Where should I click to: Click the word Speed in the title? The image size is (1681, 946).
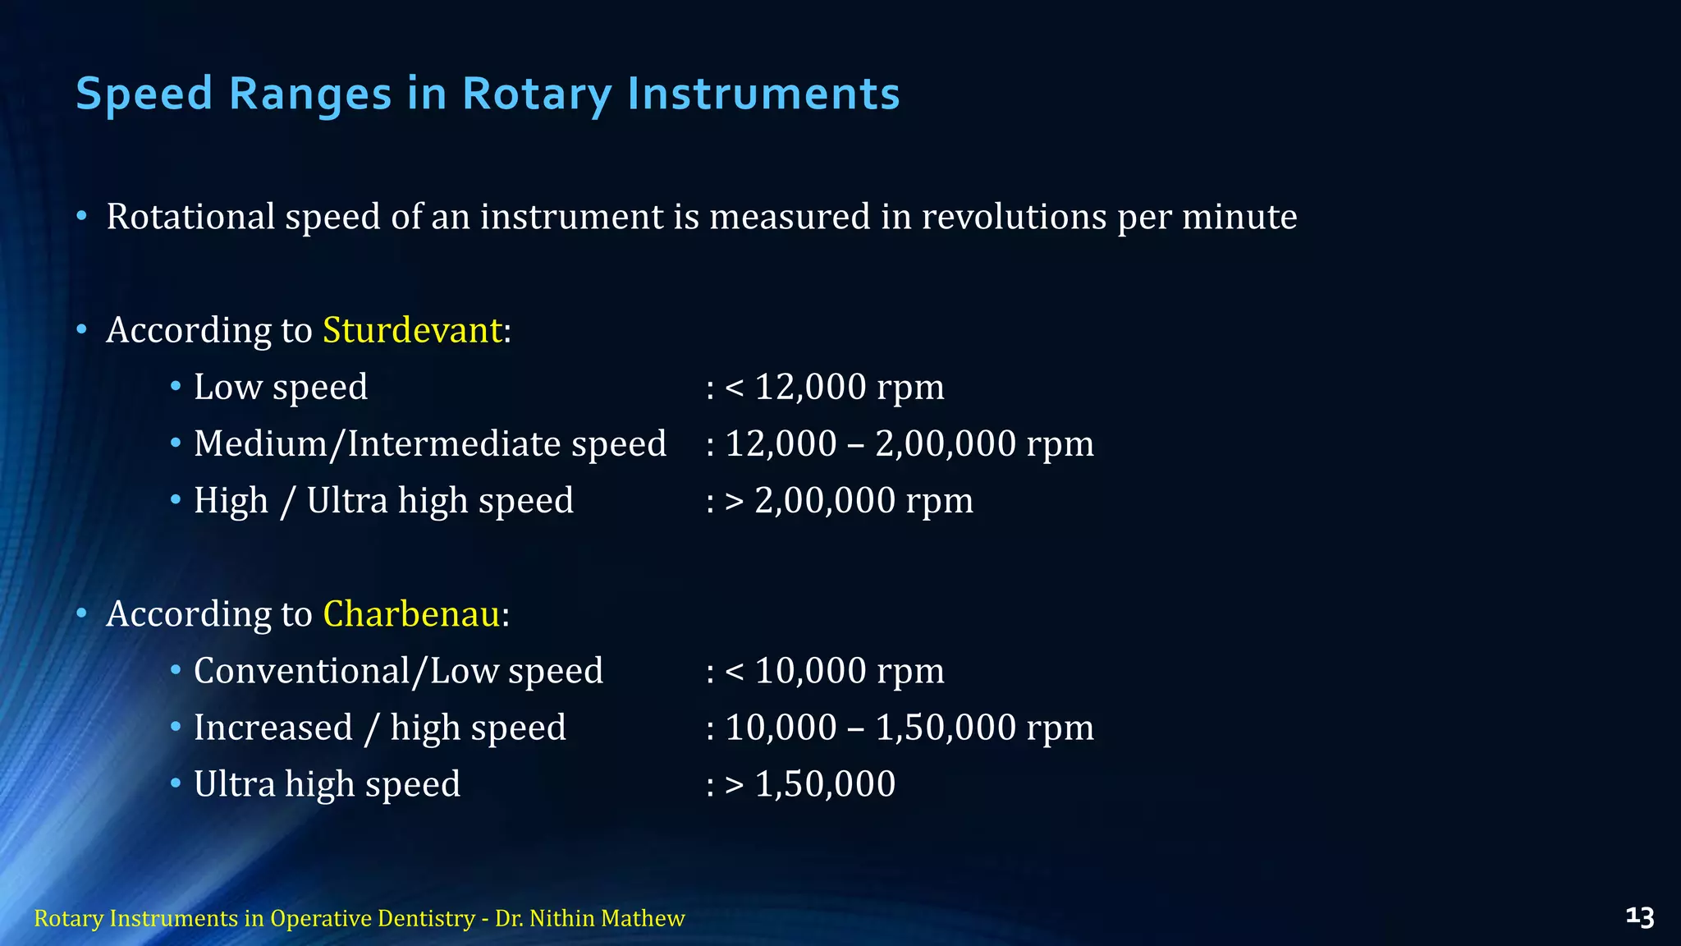coord(144,94)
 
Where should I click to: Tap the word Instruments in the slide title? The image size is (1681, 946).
coord(763,94)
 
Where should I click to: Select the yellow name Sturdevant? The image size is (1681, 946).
coord(412,330)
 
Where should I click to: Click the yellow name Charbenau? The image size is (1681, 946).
coord(411,614)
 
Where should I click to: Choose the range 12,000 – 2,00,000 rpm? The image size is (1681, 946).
coord(909,443)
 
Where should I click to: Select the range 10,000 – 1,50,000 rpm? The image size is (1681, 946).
coord(909,728)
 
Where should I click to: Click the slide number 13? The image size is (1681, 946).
coord(1639,917)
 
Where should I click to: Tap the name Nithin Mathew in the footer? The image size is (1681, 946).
coord(607,918)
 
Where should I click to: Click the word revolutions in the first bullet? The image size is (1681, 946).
coord(1014,217)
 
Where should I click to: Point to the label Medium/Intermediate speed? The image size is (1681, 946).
coord(430,443)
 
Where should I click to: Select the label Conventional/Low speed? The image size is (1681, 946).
coord(398,671)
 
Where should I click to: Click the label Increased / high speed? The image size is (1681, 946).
coord(380,728)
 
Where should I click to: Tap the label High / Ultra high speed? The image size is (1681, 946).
coord(383,500)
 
